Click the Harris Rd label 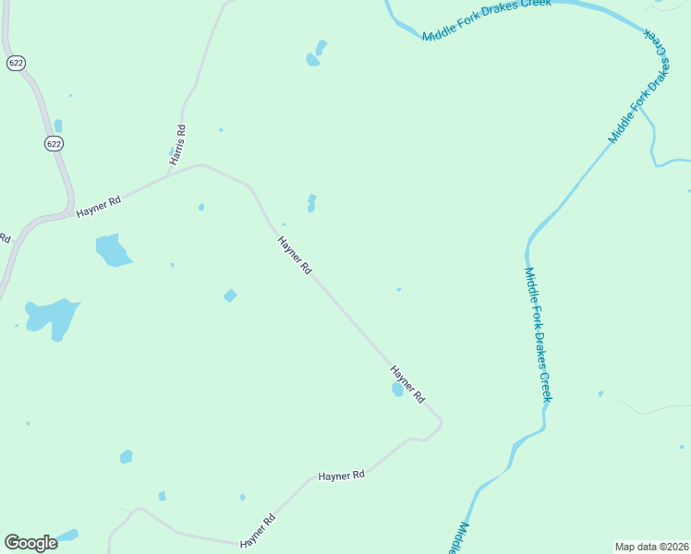176,145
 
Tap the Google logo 30,543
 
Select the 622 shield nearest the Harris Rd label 55,143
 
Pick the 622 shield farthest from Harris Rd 15,63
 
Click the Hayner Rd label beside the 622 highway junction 99,205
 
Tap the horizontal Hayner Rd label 341,476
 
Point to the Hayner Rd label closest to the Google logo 258,531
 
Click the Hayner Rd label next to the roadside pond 406,384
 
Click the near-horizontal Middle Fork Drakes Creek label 487,19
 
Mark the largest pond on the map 53,317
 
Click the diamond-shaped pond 230,295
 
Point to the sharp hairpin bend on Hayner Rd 441,424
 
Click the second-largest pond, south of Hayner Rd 113,249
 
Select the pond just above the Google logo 67,535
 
